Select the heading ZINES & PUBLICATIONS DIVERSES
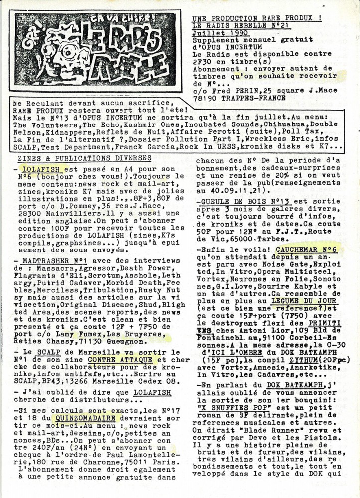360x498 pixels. pos(85,158)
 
